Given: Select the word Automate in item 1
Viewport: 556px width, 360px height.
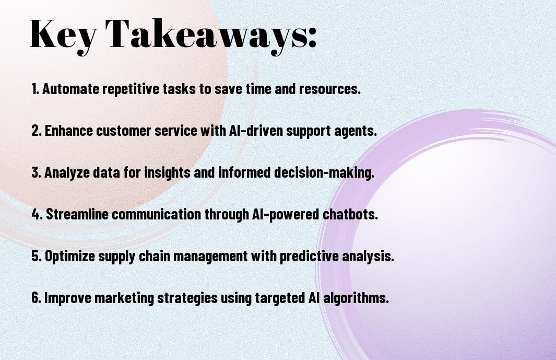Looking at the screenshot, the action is point(71,88).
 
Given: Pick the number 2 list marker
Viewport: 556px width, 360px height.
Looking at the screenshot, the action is point(37,131).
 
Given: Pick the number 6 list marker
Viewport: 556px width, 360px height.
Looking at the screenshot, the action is point(37,297).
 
